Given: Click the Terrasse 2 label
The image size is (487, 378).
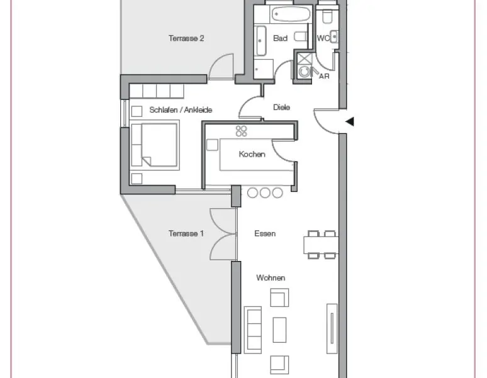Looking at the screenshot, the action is [x=186, y=38].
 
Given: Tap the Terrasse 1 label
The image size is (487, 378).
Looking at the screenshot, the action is [x=186, y=233].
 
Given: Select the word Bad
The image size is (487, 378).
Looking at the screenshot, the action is [x=280, y=38].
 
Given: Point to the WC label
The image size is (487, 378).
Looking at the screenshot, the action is [x=323, y=38].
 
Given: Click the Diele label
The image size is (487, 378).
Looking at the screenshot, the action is [x=281, y=108].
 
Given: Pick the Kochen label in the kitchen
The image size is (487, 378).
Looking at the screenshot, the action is [x=252, y=154].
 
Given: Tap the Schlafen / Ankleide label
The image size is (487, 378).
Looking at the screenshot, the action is [x=181, y=110].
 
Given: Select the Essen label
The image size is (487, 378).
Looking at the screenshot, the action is [x=265, y=233].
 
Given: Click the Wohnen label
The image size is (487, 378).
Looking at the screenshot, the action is [x=271, y=277].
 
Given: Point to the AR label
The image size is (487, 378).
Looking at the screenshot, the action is [x=324, y=76].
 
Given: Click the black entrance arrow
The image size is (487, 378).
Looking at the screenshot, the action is [x=350, y=121].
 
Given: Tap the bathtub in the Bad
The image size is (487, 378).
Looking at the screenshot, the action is [x=291, y=14].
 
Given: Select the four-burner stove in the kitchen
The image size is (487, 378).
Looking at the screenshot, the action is [x=242, y=131].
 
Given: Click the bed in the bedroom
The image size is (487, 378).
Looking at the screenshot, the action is [x=155, y=145].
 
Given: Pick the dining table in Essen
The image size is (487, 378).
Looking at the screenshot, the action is [x=321, y=245].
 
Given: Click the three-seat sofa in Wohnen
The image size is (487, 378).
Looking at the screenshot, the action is [x=253, y=330].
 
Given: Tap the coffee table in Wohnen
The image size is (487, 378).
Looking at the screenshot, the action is [x=279, y=330].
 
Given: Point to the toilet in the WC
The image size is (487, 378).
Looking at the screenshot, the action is [x=327, y=16].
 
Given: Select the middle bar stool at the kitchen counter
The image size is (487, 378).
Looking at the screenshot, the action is [x=265, y=192].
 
